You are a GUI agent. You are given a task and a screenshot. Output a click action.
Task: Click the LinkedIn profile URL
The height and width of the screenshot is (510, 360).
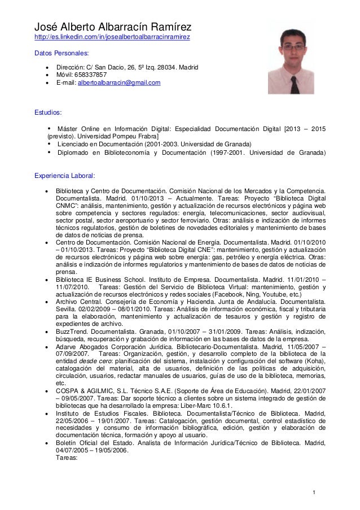[x=112, y=37]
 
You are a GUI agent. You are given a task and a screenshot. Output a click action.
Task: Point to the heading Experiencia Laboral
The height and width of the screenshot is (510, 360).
[x=65, y=176]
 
